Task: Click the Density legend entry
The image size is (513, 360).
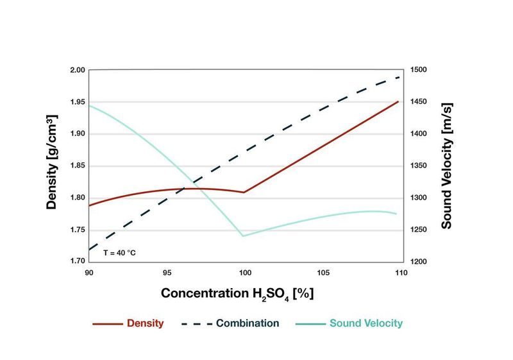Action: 128,323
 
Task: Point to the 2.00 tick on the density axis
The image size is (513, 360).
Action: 78,70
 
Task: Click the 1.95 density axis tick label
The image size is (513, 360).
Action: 78,102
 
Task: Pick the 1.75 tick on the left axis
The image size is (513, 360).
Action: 78,230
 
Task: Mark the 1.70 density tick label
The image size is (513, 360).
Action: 78,261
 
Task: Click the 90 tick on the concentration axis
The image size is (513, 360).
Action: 89,273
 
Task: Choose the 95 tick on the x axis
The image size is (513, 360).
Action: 167,273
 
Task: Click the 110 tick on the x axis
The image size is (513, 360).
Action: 400,273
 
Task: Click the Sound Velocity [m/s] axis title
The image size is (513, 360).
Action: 447,165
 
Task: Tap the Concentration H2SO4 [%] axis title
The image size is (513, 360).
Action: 237,293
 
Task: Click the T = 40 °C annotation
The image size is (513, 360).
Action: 120,253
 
